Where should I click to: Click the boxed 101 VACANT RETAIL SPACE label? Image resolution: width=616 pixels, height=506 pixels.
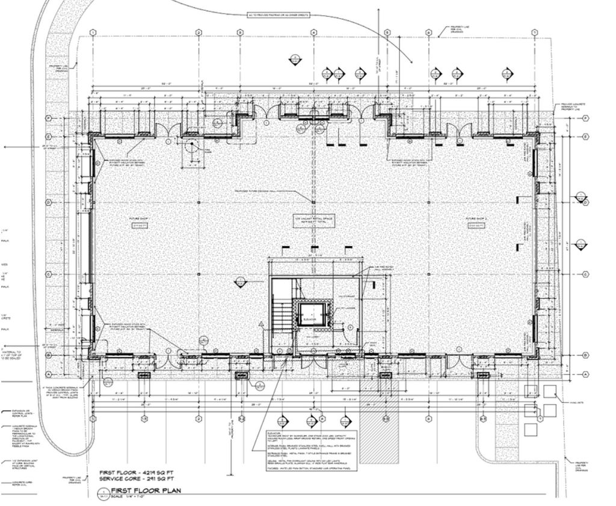click(313, 220)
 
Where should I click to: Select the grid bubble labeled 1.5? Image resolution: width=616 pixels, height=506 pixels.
click(144, 419)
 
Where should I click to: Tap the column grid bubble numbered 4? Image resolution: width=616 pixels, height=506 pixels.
click(313, 32)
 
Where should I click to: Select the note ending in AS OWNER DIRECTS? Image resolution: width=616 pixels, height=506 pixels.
click(313, 13)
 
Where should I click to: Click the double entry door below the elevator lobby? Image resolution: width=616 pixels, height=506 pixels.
click(313, 362)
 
